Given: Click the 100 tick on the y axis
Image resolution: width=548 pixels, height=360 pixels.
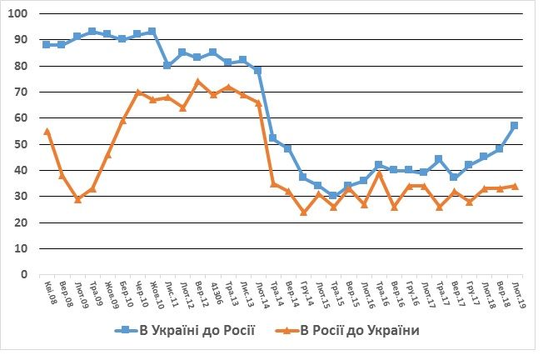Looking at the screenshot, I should pos(18,14).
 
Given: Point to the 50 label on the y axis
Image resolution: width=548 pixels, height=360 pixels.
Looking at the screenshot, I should pos(21,144).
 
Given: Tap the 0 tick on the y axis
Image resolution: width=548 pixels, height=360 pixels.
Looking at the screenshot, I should pos(24,274).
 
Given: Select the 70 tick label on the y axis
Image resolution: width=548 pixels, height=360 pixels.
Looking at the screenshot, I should pos(21,92).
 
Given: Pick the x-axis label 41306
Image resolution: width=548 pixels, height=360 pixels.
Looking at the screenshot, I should pos(212,293).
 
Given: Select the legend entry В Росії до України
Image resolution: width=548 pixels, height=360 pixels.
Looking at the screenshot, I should pos(361,331).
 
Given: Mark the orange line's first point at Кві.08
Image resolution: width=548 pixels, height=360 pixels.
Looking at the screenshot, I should pos(47,131).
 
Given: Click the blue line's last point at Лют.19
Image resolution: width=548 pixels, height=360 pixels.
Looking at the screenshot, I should pos(515,126).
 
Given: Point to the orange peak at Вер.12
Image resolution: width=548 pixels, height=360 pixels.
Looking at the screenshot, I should pos(198,82).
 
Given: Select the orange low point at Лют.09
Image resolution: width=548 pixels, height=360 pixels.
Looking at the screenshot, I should pos(77,199).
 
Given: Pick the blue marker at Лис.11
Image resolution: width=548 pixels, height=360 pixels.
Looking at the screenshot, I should pos(167,65).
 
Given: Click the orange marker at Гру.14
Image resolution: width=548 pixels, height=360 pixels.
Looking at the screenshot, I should pos(304,212).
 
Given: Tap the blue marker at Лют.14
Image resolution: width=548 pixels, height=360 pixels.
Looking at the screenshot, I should pos(258,71).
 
